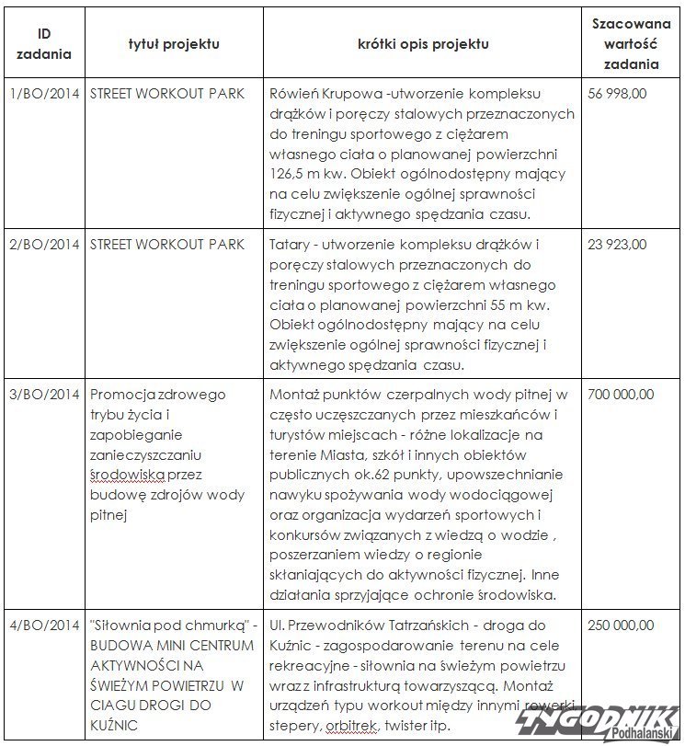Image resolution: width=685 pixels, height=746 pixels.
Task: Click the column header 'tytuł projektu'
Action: pos(174,43)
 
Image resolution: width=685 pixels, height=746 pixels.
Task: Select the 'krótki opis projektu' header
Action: pos(423,43)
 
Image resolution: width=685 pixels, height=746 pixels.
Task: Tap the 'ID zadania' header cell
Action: pos(44,43)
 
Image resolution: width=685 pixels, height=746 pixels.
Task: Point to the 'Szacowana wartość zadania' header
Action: pos(631,43)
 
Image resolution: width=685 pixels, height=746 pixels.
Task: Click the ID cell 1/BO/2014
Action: pos(44,94)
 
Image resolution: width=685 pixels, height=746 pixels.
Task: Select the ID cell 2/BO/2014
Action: pos(44,245)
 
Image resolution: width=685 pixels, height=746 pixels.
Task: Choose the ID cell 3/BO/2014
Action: pos(44,395)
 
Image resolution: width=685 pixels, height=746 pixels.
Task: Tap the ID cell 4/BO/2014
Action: pos(44,625)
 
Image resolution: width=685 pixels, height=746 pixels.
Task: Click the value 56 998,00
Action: pos(619,94)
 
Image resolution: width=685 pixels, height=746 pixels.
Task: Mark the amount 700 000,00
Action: pos(622,395)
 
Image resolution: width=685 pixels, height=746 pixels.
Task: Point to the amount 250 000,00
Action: pos(622,625)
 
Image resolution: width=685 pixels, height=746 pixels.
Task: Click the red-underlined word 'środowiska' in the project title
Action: pos(128,475)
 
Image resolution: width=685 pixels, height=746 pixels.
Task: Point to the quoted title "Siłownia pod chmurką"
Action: pos(169,625)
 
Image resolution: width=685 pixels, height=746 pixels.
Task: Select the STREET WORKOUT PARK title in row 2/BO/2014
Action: pos(168,245)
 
